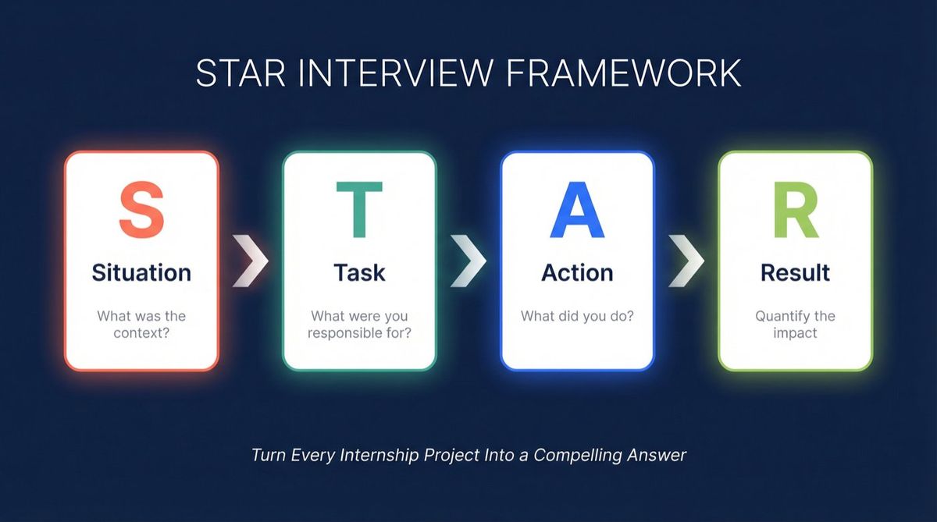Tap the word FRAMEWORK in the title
click(x=623, y=73)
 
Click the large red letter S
click(x=141, y=210)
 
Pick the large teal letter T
click(x=359, y=210)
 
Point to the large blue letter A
click(x=577, y=210)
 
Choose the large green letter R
click(x=795, y=210)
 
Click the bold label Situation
click(x=141, y=273)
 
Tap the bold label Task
click(x=359, y=273)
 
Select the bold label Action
click(x=577, y=273)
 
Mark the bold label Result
click(x=795, y=273)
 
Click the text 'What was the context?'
click(x=141, y=325)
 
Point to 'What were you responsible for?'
click(x=359, y=325)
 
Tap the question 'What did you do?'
click(x=577, y=317)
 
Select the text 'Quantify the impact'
click(x=795, y=325)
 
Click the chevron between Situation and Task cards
click(x=251, y=260)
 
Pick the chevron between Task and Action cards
click(x=468, y=260)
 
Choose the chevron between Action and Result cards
click(x=686, y=260)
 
